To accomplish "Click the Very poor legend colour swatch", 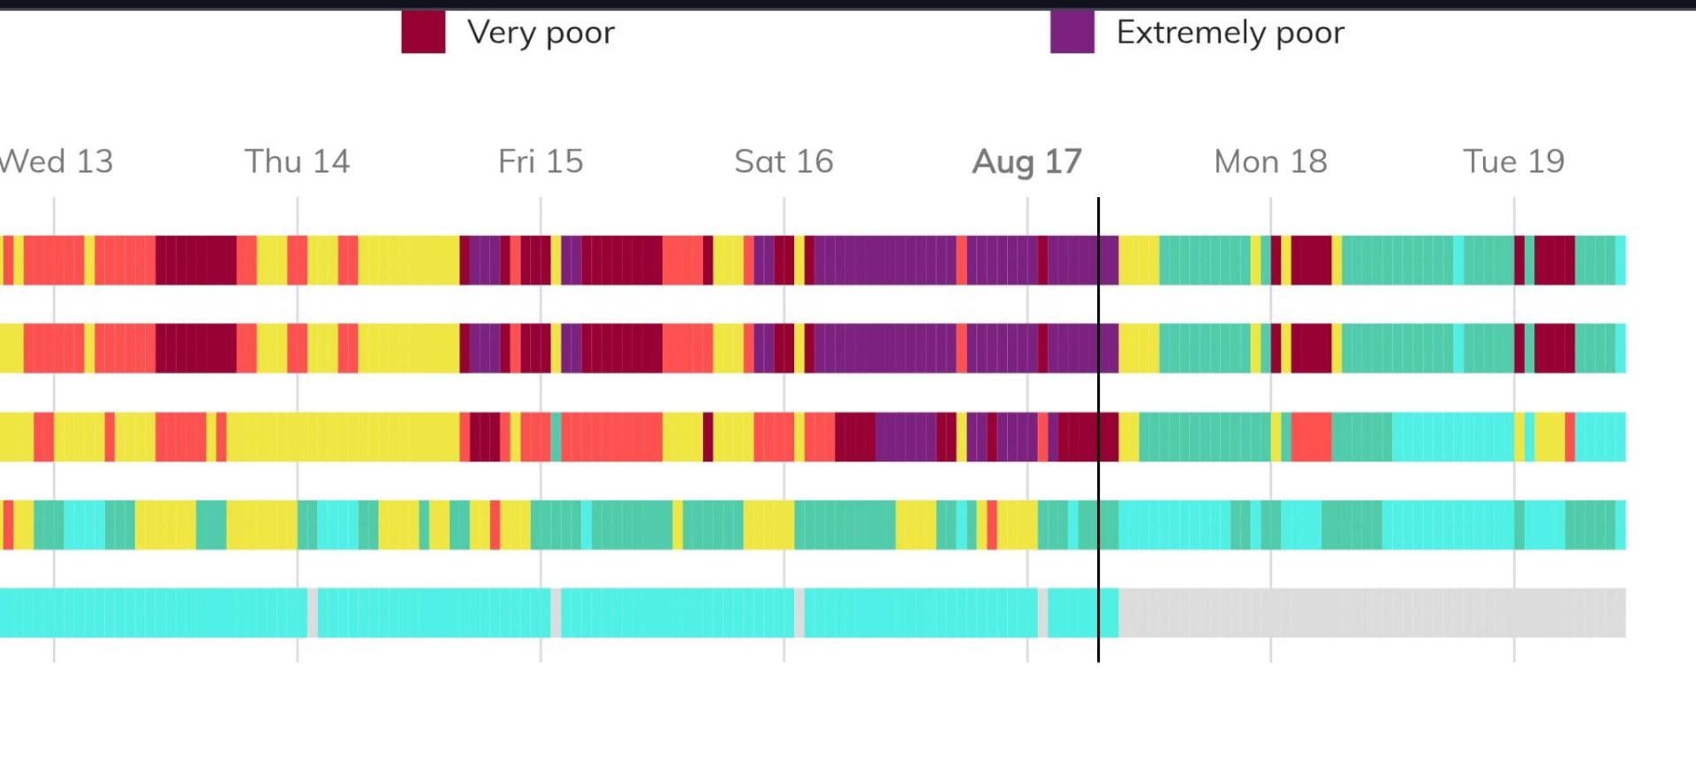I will click(423, 33).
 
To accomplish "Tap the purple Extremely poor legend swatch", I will click(1071, 33).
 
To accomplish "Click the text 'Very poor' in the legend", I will click(541, 33).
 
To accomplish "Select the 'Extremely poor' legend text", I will click(1230, 33).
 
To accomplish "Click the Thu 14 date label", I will click(297, 162).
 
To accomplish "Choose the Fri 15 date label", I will click(541, 162).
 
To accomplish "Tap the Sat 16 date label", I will click(784, 162).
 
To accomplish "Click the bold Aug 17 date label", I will click(1026, 162).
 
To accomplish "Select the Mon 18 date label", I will click(1270, 162).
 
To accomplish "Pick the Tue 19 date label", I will click(1513, 162).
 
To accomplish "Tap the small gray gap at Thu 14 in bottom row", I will click(313, 613).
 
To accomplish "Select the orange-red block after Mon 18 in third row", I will click(1311, 436).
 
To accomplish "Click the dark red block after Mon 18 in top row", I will click(1311, 260).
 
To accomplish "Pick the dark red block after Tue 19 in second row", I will click(1554, 348).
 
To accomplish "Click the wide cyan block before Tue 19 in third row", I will click(1452, 436).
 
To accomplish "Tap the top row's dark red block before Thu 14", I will click(196, 260).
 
